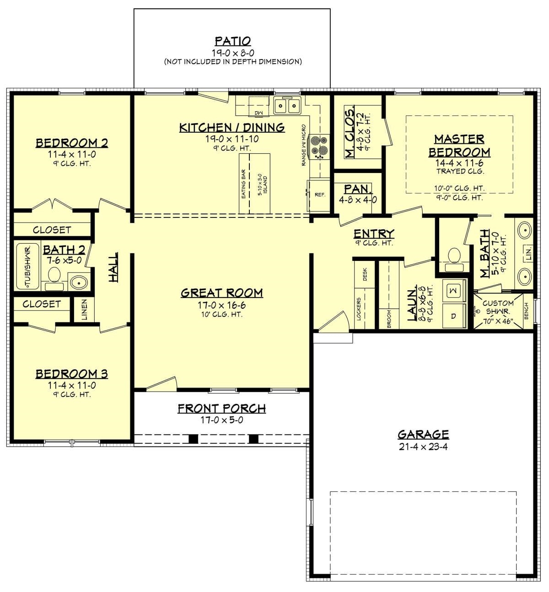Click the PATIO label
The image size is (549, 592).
(x=233, y=41)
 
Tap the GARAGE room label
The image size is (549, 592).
(x=423, y=434)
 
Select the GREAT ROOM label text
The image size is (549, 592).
(x=221, y=293)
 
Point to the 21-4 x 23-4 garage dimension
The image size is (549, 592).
(x=423, y=446)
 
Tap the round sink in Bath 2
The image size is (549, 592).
(x=78, y=282)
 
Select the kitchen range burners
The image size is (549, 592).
(x=316, y=146)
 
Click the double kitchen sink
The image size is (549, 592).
(x=287, y=106)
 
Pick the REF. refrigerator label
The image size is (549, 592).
(x=320, y=195)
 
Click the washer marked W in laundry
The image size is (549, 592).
(x=454, y=290)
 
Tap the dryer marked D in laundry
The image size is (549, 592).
(x=454, y=316)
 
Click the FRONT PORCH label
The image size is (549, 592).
(x=221, y=408)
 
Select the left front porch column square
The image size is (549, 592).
(x=194, y=439)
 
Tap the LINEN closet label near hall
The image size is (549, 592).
(x=84, y=310)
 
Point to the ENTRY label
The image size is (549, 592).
(x=374, y=234)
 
